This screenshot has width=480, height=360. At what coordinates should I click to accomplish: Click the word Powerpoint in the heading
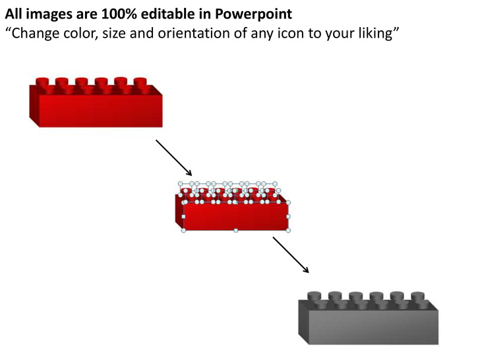coord(253,14)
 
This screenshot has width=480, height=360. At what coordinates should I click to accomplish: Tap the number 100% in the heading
coord(119,14)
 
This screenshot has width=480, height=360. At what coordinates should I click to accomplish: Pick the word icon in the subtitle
coord(291,33)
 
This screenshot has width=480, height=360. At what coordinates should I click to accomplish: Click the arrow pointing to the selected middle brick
coord(174,158)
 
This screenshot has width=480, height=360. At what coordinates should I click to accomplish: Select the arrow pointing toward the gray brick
coord(291,255)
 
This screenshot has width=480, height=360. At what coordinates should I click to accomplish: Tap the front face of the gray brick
coord(373,328)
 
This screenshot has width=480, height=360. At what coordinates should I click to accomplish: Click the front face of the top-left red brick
coord(101,111)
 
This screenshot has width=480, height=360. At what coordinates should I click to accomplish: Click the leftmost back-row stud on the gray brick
coord(315,295)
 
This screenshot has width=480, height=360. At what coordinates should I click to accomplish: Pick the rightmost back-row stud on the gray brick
coord(418,295)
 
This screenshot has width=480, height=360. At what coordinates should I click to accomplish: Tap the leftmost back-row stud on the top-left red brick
coord(42,82)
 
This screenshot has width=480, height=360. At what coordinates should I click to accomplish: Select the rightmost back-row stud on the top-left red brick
coord(140,82)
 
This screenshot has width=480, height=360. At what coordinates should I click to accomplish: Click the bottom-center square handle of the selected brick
coord(236,230)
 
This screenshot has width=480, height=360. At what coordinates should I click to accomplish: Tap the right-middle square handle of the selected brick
coord(288,216)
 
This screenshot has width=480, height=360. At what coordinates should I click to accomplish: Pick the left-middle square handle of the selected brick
coord(183,216)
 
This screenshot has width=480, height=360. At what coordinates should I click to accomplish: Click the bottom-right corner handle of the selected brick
coord(288,230)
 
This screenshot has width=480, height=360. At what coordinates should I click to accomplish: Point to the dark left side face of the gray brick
coord(304,322)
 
